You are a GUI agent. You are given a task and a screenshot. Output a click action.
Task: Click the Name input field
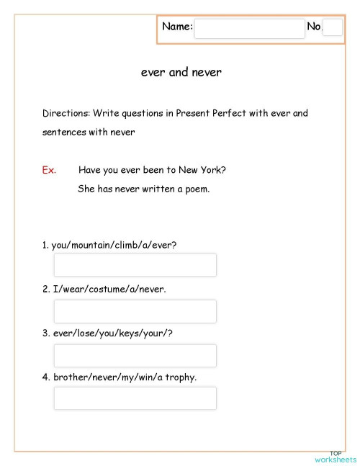click(x=249, y=28)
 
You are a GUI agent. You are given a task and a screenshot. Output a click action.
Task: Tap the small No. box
click(x=333, y=27)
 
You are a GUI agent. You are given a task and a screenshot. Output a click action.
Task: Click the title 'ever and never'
click(x=181, y=73)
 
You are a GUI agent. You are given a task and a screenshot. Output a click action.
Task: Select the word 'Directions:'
click(x=66, y=114)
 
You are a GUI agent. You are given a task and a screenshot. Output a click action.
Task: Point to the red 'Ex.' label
click(x=49, y=171)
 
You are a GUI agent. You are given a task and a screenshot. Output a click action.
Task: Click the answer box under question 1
click(x=135, y=265)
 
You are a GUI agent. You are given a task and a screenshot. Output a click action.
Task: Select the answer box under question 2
click(x=135, y=311)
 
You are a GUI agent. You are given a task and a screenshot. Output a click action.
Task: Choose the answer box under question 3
click(x=135, y=355)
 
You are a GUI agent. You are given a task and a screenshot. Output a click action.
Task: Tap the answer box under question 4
click(x=135, y=398)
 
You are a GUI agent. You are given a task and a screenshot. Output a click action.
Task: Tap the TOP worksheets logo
click(x=336, y=457)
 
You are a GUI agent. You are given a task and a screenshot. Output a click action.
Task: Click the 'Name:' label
click(x=177, y=27)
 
